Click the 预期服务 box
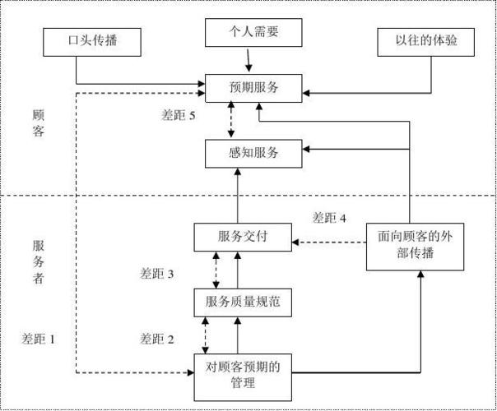[254, 86]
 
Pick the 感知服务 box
[254, 152]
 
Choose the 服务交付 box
[243, 237]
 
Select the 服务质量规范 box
[243, 302]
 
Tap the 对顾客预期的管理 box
[243, 375]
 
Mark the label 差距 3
[157, 274]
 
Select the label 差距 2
[157, 338]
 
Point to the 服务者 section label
[38, 261]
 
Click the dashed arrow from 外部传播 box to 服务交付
[329, 242]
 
